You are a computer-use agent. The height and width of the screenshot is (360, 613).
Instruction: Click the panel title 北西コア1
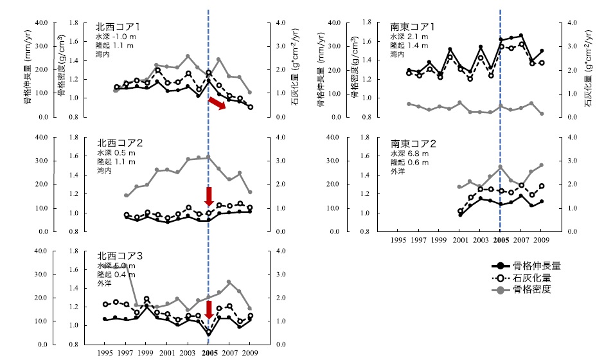[119, 27]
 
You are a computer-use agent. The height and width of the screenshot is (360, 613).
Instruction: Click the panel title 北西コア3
[119, 256]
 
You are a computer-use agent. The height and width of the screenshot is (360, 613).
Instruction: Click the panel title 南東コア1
[413, 27]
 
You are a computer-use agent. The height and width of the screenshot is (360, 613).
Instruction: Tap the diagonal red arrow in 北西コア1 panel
[217, 104]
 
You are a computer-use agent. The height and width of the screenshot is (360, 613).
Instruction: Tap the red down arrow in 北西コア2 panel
[209, 196]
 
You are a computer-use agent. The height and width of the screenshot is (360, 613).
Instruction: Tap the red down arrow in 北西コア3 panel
[209, 309]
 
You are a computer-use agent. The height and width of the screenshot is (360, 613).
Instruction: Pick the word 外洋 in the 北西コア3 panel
[105, 283]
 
